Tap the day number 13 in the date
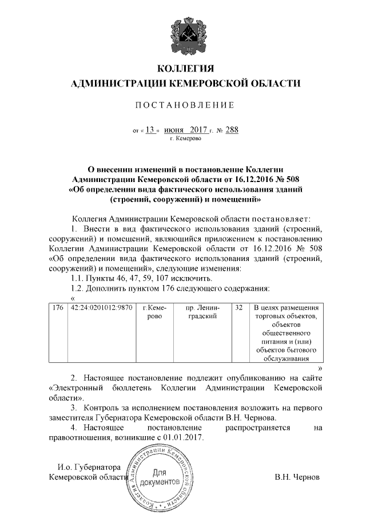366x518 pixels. pos(150,130)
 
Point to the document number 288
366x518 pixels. pos(232,130)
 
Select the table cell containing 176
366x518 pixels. pos(57,308)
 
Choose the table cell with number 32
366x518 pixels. pos(239,308)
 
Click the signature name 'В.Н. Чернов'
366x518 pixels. pos(297,477)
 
